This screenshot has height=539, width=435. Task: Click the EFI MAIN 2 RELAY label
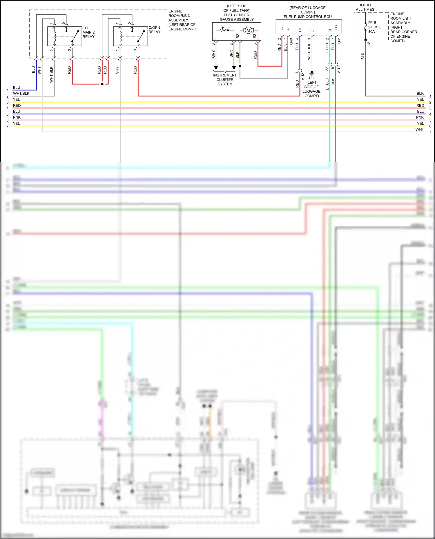click(x=88, y=32)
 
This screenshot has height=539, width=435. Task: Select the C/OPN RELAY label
click(x=154, y=30)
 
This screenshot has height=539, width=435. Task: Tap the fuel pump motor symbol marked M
click(x=248, y=30)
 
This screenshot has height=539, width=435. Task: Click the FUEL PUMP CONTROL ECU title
click(x=307, y=17)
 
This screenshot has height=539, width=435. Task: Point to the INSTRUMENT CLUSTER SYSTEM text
click(x=225, y=80)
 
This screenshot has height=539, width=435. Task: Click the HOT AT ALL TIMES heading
click(x=365, y=7)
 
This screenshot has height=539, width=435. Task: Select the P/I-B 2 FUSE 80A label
click(x=374, y=27)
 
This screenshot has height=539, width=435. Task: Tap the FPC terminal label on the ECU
click(x=336, y=29)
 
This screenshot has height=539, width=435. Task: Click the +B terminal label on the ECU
click(x=300, y=30)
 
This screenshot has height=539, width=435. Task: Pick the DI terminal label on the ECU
click(x=330, y=31)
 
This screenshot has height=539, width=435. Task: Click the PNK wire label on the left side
click(x=17, y=117)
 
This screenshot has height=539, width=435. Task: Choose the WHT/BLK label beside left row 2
click(x=21, y=94)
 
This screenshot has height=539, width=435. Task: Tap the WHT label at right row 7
click(x=419, y=129)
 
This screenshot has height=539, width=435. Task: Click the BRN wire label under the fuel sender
click(x=231, y=54)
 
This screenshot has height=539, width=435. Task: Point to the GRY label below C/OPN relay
click(x=117, y=70)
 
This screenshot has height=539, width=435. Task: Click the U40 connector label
click(x=291, y=41)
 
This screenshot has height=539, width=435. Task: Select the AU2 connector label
click(x=303, y=76)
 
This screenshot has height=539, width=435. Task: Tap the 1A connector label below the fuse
click(x=369, y=43)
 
